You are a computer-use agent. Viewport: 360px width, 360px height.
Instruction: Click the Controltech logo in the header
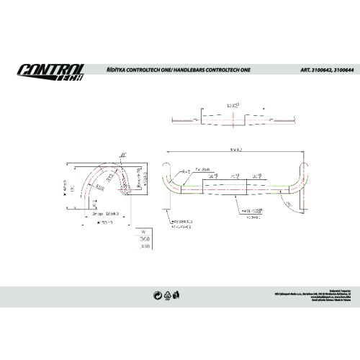click(50, 73)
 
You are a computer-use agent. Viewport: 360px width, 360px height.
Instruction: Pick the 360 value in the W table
click(144, 238)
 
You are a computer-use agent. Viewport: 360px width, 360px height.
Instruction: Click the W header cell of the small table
click(144, 231)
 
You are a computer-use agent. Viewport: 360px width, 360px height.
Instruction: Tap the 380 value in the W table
click(144, 246)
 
